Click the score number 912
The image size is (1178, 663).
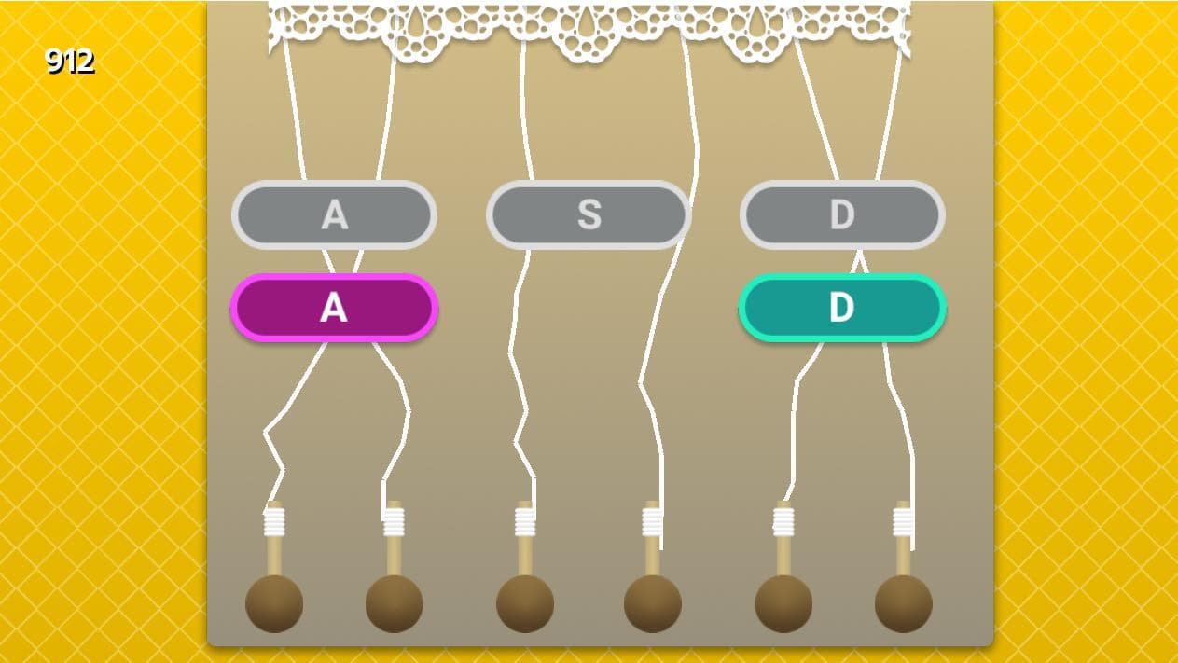tap(70, 61)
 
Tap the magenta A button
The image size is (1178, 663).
tap(335, 308)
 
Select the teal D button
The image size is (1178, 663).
tap(842, 308)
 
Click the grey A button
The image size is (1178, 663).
tap(335, 214)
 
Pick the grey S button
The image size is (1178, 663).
tap(589, 214)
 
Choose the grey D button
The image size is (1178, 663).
tap(842, 214)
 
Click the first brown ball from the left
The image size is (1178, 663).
tap(274, 603)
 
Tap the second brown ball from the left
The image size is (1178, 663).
tap(395, 603)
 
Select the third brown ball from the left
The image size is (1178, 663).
tap(525, 603)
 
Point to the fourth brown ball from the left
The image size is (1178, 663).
tap(653, 603)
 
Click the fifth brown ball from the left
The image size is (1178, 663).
tap(783, 603)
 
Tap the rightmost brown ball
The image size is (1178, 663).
tap(904, 603)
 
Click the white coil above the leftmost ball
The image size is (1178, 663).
tap(274, 521)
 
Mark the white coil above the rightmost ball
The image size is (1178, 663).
tap(904, 521)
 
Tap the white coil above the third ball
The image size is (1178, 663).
tap(525, 521)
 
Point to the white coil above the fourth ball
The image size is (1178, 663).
tap(653, 521)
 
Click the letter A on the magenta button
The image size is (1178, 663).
tap(334, 308)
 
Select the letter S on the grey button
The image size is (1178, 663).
tap(589, 214)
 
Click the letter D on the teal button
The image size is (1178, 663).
tap(842, 308)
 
